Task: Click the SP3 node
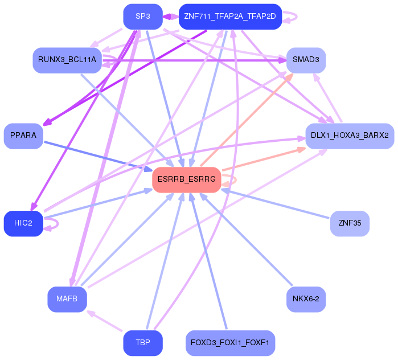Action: click(x=143, y=17)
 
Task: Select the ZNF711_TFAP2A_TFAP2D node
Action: click(x=230, y=17)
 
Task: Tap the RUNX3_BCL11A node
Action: click(x=67, y=60)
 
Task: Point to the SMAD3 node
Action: click(x=306, y=60)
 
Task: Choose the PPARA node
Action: click(x=23, y=136)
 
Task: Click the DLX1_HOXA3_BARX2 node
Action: click(x=350, y=136)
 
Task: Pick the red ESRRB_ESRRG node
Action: click(x=187, y=180)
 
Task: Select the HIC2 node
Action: click(x=23, y=223)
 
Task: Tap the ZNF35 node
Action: click(x=350, y=223)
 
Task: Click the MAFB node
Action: click(x=67, y=299)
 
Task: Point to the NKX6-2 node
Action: click(x=306, y=299)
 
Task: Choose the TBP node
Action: click(x=143, y=343)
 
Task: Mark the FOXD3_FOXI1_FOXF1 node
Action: click(x=230, y=343)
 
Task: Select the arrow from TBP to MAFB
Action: click(x=105, y=321)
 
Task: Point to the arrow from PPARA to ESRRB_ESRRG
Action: click(x=99, y=157)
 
